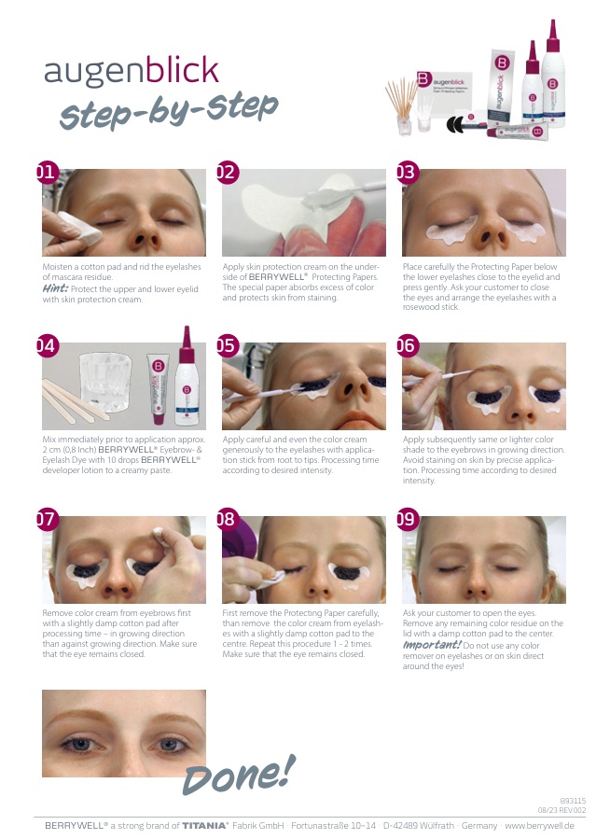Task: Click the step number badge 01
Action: tap(47, 172)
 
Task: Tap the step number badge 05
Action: tap(228, 345)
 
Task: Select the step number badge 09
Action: tap(408, 519)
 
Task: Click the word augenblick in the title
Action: tap(132, 70)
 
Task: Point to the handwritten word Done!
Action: tap(239, 775)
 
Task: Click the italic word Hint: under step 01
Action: tap(55, 288)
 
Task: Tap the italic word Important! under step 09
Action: tap(432, 645)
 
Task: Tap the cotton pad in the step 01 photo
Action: tap(79, 229)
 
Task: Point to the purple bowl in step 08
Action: tap(235, 538)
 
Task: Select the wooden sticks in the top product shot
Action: tap(400, 99)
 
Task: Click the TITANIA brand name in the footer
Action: tap(205, 826)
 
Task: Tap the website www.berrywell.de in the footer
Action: tap(539, 826)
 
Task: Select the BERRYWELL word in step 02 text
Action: tap(278, 276)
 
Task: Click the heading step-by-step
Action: tap(169, 109)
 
